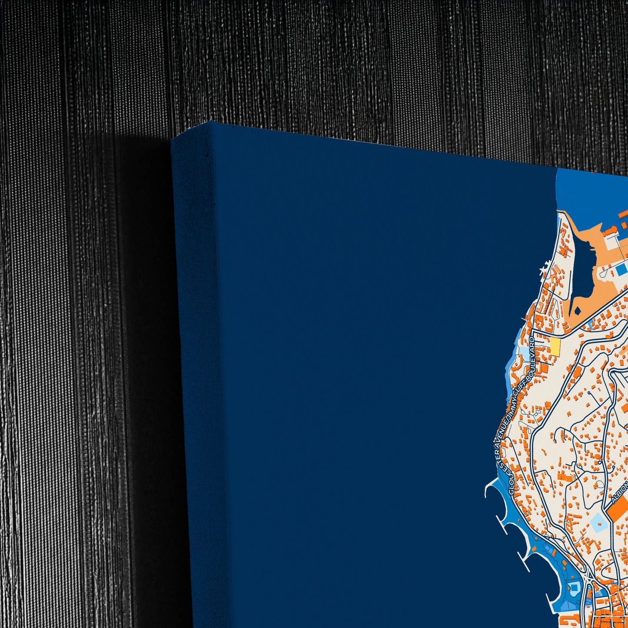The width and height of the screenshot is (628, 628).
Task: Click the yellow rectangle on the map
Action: click(555, 346)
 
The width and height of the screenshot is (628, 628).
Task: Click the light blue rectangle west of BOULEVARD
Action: click(527, 352)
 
